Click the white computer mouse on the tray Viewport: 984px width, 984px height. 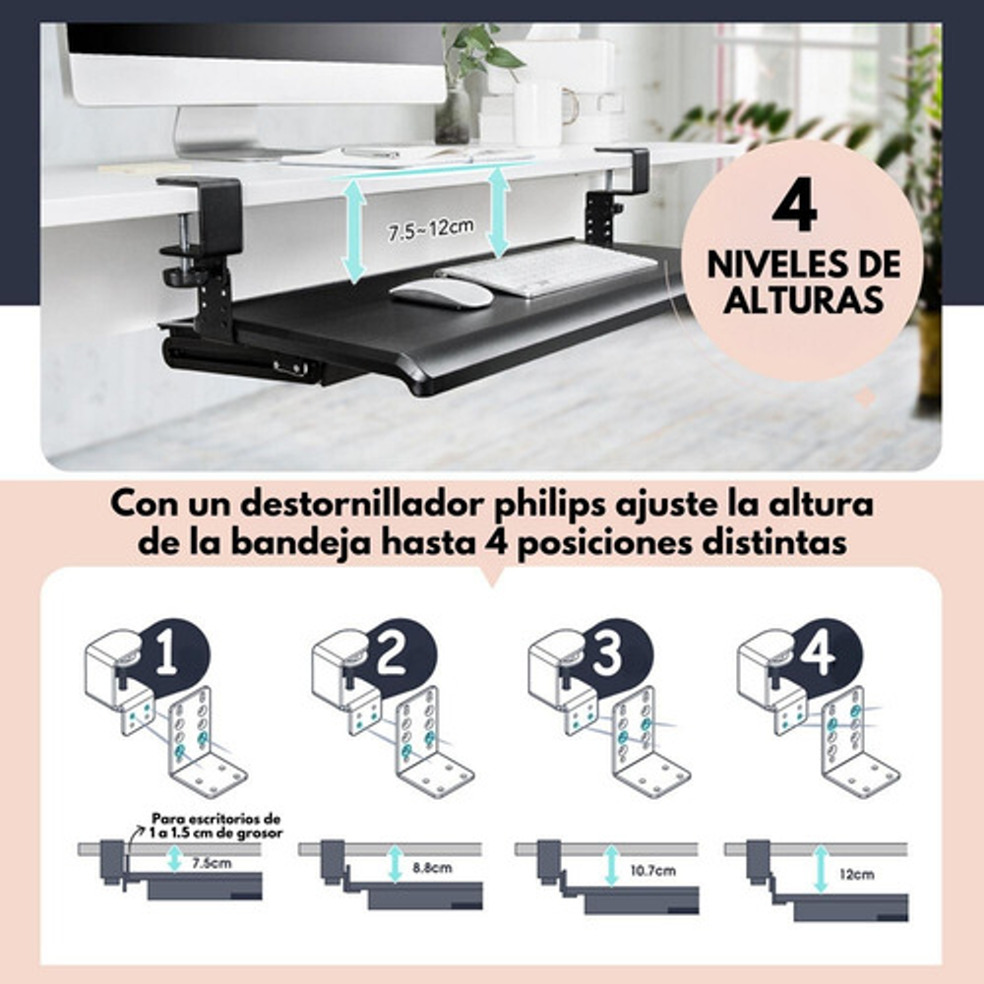coord(441,292)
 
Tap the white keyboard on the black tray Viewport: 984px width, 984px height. coord(546,269)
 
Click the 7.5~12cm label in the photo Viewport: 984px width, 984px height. coord(431,229)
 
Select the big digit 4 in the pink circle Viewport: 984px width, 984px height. coord(795,206)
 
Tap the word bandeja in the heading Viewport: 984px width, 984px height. coord(301,543)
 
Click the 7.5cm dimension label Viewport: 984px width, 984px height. coord(212,864)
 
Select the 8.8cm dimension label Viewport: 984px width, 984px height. coord(432,868)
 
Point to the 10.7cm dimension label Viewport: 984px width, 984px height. coord(652,871)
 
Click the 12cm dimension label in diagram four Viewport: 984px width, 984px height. coord(857,874)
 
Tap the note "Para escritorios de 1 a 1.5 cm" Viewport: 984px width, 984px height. coord(216,826)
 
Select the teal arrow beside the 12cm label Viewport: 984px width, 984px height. coord(821,869)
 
